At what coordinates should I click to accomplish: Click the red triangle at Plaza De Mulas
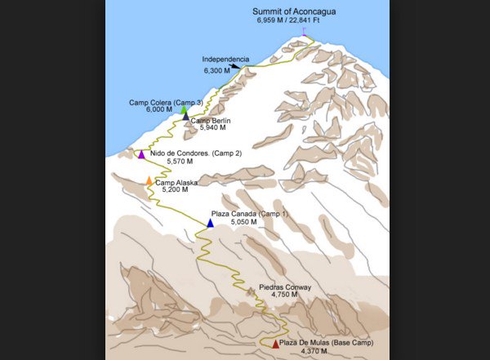(x=274, y=344)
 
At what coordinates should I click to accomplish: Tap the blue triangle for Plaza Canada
(x=210, y=223)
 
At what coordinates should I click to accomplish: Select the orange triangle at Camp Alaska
(x=149, y=180)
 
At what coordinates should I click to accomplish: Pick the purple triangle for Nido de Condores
(x=141, y=154)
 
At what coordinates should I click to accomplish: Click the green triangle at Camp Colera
(x=185, y=109)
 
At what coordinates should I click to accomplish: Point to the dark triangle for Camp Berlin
(x=186, y=117)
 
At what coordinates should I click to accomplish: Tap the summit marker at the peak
(x=305, y=32)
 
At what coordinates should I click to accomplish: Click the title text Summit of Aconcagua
(x=293, y=11)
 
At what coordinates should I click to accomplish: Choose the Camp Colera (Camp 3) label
(x=166, y=102)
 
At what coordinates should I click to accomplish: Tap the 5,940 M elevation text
(x=211, y=128)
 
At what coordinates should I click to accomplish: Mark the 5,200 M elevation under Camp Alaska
(x=174, y=189)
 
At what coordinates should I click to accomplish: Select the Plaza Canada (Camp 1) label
(x=250, y=212)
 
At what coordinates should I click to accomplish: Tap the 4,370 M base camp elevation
(x=314, y=351)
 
